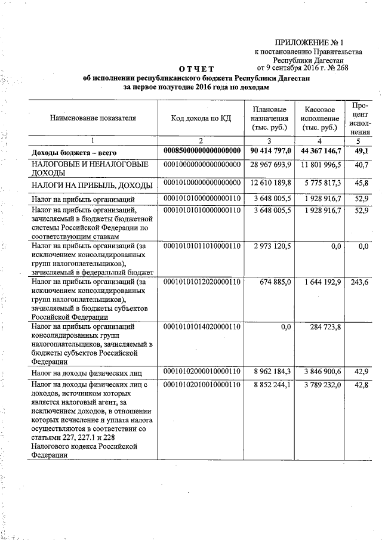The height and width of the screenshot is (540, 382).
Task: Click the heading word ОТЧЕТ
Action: (x=196, y=70)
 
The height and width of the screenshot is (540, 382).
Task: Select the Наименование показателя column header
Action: (x=93, y=118)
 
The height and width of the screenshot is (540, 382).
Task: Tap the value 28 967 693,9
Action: (x=270, y=164)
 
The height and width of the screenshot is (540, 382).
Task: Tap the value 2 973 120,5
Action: (x=272, y=246)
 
